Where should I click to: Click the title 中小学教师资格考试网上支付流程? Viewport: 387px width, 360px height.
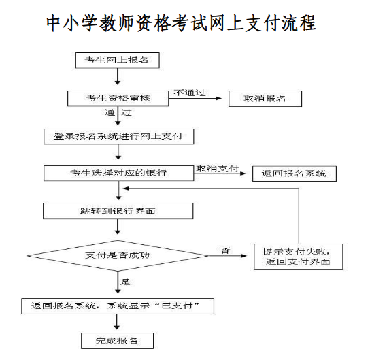(x=181, y=23)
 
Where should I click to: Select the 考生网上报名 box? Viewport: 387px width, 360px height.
(x=117, y=61)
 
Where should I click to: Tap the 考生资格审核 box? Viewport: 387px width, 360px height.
(x=118, y=99)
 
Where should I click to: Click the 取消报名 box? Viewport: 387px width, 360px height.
(x=265, y=99)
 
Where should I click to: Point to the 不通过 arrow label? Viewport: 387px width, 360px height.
(x=190, y=93)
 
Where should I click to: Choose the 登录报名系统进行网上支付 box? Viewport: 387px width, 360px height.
(x=119, y=137)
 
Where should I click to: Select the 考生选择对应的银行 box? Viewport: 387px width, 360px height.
(x=119, y=173)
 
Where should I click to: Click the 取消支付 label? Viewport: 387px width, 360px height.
(x=217, y=169)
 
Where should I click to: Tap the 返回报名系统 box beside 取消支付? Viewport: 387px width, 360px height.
(x=295, y=174)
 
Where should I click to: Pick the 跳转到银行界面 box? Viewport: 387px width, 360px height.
(x=118, y=211)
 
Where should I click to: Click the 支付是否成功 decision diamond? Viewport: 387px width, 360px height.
(x=118, y=256)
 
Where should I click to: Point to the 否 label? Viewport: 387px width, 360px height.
(x=225, y=250)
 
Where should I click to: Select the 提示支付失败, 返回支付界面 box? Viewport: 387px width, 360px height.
(x=299, y=257)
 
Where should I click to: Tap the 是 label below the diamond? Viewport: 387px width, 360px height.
(x=125, y=282)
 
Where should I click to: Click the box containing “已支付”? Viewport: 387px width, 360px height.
(x=118, y=306)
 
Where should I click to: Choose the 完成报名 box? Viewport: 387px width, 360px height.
(x=117, y=341)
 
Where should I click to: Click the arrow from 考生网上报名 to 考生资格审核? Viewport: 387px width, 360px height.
(x=118, y=76)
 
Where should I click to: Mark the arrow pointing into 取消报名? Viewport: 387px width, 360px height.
(x=195, y=98)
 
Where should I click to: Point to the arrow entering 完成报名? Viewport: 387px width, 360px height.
(x=117, y=322)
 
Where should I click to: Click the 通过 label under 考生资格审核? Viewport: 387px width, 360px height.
(x=118, y=112)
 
